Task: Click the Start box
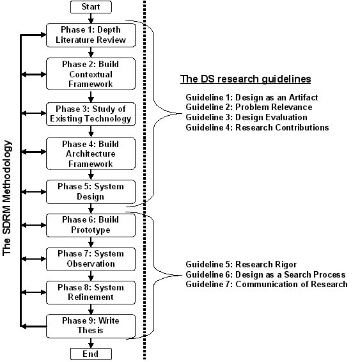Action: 91,7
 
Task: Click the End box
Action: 91,354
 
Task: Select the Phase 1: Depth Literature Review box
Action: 91,35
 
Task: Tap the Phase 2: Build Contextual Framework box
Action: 91,74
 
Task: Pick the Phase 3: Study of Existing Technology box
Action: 91,114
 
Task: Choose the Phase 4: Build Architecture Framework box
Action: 91,153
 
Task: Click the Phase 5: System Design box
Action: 91,192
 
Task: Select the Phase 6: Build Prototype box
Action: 91,225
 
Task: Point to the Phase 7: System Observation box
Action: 91,259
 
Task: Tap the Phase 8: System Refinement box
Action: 91,292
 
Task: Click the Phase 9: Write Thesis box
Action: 91,326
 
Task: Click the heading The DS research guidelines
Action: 246,79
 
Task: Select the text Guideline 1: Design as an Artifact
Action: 252,97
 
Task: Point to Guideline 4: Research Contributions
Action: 257,127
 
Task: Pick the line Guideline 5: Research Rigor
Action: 241,265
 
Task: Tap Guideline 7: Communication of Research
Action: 267,284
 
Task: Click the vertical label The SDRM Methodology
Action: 7,198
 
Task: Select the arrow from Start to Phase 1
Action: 91,19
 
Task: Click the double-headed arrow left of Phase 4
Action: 34,152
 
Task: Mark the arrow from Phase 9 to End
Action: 91,343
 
